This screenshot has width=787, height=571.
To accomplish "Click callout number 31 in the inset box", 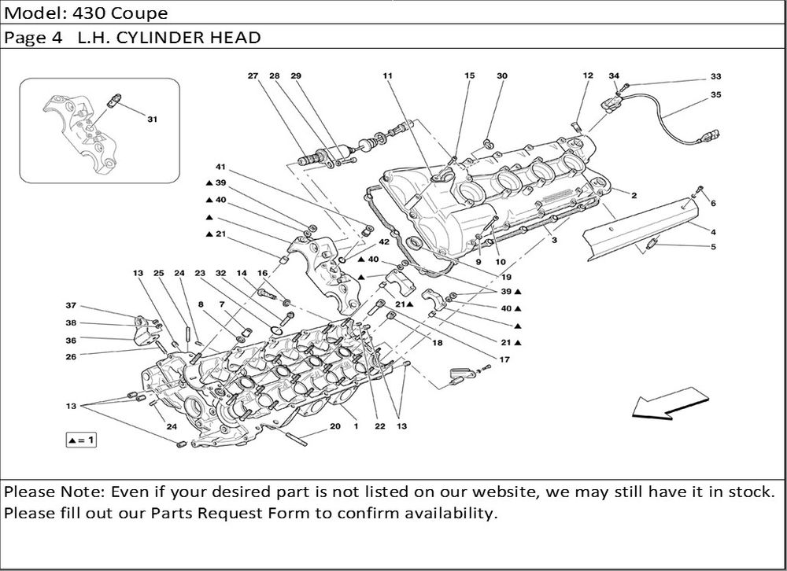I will pyautogui.click(x=152, y=120).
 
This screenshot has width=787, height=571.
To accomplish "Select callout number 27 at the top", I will pyautogui.click(x=253, y=76).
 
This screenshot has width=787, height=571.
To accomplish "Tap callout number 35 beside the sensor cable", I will pyautogui.click(x=715, y=94).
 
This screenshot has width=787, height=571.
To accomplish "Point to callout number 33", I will pyautogui.click(x=715, y=77).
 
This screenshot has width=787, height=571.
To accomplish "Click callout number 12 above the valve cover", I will pyautogui.click(x=587, y=76).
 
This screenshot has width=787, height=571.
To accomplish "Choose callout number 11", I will pyautogui.click(x=387, y=76).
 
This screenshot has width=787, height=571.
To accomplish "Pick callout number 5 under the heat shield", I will pyautogui.click(x=713, y=247).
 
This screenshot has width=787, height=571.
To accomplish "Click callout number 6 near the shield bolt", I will pyautogui.click(x=713, y=203).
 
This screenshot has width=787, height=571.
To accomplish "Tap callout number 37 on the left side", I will pyautogui.click(x=71, y=305).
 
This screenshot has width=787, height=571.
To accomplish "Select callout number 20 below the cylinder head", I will pyautogui.click(x=334, y=426).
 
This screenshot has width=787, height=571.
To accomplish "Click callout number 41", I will pyautogui.click(x=221, y=168).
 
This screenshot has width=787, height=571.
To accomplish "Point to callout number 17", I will pyautogui.click(x=504, y=359).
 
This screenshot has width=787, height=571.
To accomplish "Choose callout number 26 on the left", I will pyautogui.click(x=71, y=355).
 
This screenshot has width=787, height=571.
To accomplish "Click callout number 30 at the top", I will pyautogui.click(x=502, y=76).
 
